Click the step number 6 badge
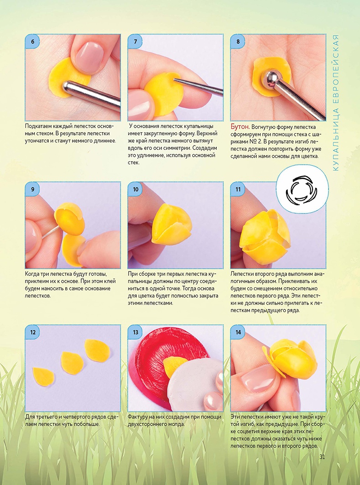point(32,42)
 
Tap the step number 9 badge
point(32,189)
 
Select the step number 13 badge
point(136,332)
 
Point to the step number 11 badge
point(238,189)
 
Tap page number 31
point(322,457)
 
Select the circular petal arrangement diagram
point(303,189)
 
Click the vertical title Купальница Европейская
point(336,102)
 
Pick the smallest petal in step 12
point(43,376)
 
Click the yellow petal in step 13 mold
point(173,366)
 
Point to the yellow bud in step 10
point(172,224)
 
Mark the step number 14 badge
point(238,332)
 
